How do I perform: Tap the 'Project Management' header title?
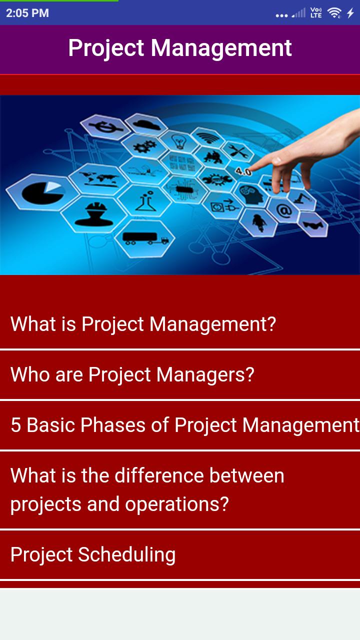[x=180, y=48]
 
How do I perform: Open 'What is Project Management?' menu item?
[x=143, y=324]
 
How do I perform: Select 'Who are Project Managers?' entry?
[x=132, y=374]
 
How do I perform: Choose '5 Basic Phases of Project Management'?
[x=185, y=425]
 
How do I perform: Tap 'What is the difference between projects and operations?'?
[x=147, y=489]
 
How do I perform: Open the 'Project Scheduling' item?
[x=93, y=555]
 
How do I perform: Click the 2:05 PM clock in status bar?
[x=27, y=13]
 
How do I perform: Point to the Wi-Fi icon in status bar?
[x=334, y=12]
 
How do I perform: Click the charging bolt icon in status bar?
[x=350, y=13]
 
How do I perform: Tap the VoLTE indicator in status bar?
[x=316, y=13]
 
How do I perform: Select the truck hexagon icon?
[x=145, y=238]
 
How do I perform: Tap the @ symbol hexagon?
[x=283, y=211]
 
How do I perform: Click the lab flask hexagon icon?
[x=145, y=201]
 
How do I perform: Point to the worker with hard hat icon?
[x=90, y=214]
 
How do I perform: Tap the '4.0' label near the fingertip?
[x=243, y=171]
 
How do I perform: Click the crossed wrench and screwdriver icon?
[x=237, y=151]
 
